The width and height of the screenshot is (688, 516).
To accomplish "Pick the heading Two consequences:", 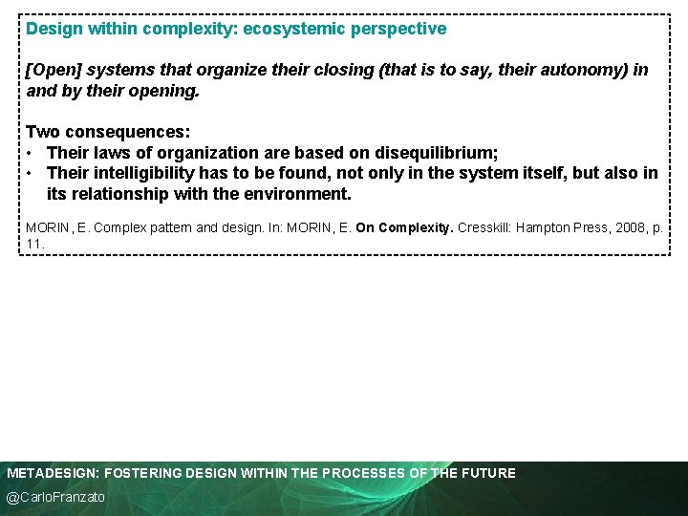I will [108, 132].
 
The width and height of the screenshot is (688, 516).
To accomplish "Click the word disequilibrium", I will [435, 153].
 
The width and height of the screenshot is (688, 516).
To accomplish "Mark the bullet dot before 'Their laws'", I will [32, 153].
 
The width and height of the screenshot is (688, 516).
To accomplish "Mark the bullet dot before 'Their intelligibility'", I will [32, 173].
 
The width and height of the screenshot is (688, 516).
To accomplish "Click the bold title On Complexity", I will [404, 229].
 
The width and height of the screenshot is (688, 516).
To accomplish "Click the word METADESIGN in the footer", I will [53, 473].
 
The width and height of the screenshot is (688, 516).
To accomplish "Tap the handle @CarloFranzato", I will [56, 498].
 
